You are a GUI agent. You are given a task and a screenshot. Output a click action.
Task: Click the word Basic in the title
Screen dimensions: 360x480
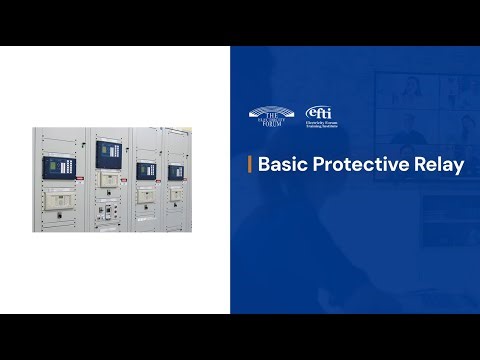(280, 165)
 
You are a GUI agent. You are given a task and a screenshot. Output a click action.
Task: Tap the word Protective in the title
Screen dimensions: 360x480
(359, 165)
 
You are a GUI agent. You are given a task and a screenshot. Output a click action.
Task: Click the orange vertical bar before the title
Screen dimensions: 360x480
(249, 165)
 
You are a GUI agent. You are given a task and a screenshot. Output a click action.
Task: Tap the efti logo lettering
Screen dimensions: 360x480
(319, 112)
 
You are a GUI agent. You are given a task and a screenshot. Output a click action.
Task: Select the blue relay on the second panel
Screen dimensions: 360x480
(107, 156)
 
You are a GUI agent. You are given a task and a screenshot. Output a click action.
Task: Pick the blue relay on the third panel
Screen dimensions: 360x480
(145, 170)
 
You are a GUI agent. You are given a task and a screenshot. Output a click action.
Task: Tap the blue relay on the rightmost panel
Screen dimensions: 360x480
(177, 171)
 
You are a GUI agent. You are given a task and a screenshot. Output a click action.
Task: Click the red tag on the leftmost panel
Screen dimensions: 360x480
(80, 177)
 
